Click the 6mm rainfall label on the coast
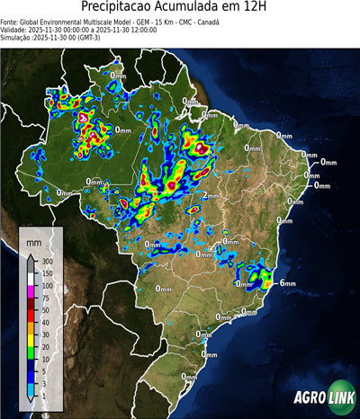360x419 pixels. tap(288, 283)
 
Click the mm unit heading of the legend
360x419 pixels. tap(33, 243)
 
